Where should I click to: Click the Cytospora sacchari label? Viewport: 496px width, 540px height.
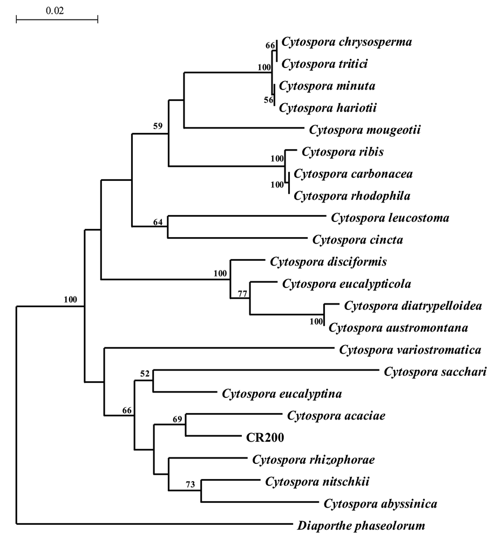click(x=435, y=372)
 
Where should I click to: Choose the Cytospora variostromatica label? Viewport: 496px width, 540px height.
click(x=410, y=350)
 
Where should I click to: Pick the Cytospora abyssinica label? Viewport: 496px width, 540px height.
click(x=380, y=504)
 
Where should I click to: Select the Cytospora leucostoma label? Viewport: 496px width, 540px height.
click(x=390, y=218)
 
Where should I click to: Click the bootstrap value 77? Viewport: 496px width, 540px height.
click(x=243, y=294)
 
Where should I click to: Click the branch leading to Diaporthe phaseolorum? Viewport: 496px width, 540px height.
click(x=151, y=524)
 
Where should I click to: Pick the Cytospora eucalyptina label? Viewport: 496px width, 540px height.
click(x=282, y=394)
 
